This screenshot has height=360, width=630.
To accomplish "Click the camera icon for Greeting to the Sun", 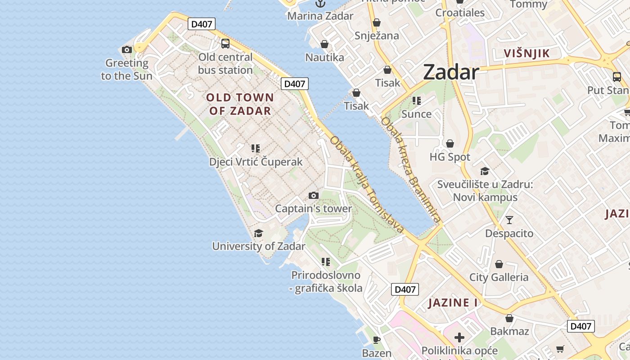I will click(x=127, y=49).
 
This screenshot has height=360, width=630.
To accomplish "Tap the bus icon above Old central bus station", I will click(x=225, y=44).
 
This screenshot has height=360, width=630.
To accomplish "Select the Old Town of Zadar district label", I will click(x=239, y=104).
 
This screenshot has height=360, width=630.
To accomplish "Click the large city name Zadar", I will click(x=450, y=72).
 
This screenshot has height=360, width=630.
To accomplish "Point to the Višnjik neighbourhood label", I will click(x=526, y=53).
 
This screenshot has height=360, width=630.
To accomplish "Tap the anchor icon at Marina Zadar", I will click(x=320, y=4).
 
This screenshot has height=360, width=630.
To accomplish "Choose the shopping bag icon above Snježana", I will click(x=377, y=22).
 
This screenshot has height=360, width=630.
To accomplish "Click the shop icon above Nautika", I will click(x=324, y=44).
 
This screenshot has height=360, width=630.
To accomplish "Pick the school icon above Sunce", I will click(x=416, y=101).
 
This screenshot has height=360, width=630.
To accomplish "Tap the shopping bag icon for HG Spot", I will click(x=450, y=144).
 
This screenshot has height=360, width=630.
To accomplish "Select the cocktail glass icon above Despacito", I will click(x=509, y=220).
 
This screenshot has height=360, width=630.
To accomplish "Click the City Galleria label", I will click(x=499, y=277).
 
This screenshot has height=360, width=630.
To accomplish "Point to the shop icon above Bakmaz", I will click(x=509, y=318).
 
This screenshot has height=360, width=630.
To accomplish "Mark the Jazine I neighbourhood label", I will click(x=453, y=302).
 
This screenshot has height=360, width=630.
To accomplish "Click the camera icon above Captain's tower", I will click(x=314, y=195).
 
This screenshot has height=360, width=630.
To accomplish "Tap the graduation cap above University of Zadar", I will click(x=258, y=233).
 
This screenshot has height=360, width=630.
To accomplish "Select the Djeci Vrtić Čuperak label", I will click(x=256, y=162).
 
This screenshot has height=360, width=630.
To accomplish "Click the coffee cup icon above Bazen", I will click(x=377, y=340).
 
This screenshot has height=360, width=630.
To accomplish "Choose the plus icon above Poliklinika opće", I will click(x=459, y=337).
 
